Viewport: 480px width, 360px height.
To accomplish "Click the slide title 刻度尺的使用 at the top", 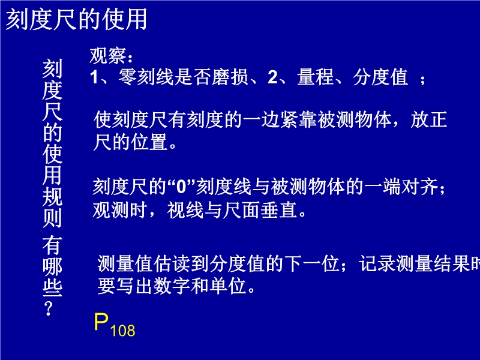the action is point(76,19).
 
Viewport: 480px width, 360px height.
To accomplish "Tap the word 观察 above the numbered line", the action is point(108,56).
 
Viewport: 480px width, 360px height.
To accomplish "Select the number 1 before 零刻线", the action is point(94,77).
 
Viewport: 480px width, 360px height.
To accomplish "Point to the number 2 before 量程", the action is point(272,77).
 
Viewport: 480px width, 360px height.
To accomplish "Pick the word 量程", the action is point(315,77).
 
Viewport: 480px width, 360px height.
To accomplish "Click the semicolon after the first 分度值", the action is point(423,80).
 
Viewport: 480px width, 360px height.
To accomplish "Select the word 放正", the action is point(428,119).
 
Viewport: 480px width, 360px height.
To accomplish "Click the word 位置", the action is point(149,142).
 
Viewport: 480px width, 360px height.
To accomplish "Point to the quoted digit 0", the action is point(181,187).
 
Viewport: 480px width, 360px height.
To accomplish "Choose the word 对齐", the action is point(419,187).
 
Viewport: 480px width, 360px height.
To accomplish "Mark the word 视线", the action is point(185,210).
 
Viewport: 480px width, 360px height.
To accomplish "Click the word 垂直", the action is point(279,210).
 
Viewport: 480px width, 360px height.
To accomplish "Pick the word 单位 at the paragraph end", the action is point(229,286).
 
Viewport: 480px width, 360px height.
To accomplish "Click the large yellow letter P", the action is point(101,322).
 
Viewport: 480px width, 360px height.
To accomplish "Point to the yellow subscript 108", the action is point(122,331).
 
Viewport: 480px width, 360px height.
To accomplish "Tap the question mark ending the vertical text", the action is point(49,308).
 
